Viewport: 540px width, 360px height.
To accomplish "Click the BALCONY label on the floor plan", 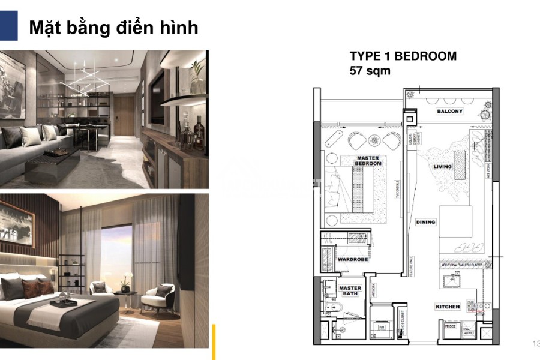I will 449,112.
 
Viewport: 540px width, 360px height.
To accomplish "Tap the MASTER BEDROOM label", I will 368,160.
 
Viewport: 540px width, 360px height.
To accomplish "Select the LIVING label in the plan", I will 443,167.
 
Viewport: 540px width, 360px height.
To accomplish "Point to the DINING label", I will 425,222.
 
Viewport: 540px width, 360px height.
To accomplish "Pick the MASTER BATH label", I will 350,291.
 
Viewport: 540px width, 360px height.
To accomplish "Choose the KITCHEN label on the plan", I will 448,307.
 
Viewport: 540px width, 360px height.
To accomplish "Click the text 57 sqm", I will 370,71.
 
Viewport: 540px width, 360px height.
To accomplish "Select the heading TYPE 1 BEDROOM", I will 403,56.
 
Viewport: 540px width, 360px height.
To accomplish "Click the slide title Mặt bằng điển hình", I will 113,28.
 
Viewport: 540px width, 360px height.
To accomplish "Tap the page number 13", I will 535,343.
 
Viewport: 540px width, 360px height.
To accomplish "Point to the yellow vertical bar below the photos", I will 213,341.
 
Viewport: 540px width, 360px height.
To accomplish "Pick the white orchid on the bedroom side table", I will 126,279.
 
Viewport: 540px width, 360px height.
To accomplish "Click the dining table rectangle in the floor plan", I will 455,220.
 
